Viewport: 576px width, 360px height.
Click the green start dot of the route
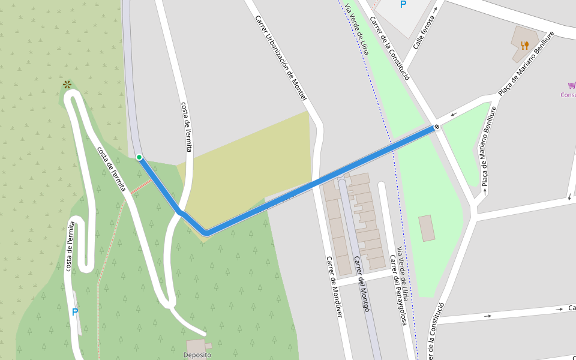(x=139, y=157)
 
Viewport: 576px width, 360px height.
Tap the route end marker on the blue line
(x=437, y=127)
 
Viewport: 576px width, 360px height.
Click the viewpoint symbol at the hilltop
(x=67, y=85)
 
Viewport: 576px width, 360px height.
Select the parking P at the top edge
(x=403, y=5)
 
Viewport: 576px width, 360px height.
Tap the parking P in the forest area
(x=75, y=312)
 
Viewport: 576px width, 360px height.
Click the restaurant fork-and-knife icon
(x=524, y=45)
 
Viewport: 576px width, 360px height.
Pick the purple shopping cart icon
(x=572, y=85)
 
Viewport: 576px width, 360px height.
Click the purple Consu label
(x=568, y=95)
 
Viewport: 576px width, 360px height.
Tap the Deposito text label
(x=197, y=355)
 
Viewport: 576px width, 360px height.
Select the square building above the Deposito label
(x=196, y=346)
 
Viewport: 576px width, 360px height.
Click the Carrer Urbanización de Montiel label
(x=281, y=57)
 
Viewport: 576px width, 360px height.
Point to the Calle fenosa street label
(x=423, y=33)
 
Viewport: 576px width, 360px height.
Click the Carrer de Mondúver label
(x=335, y=287)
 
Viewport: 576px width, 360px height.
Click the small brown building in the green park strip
(x=427, y=228)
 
